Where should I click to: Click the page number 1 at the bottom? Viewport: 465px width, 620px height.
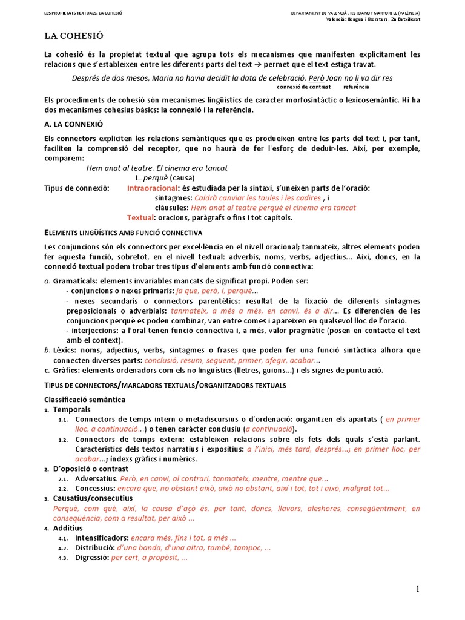click(417, 589)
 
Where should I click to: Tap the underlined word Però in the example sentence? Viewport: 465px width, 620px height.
click(317, 79)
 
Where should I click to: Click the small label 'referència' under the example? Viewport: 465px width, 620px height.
click(356, 87)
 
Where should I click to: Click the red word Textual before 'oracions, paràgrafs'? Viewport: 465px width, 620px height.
click(139, 217)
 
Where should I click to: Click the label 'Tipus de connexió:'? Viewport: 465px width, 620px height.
click(77, 188)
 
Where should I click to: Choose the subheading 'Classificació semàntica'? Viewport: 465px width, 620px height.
click(85, 400)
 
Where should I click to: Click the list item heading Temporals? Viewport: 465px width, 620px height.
click(71, 410)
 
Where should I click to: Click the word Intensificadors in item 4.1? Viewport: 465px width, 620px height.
click(101, 538)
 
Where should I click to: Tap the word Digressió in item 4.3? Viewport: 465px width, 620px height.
click(91, 558)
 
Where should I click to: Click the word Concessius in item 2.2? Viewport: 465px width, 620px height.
click(94, 489)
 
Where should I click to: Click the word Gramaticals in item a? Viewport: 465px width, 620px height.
click(75, 281)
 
